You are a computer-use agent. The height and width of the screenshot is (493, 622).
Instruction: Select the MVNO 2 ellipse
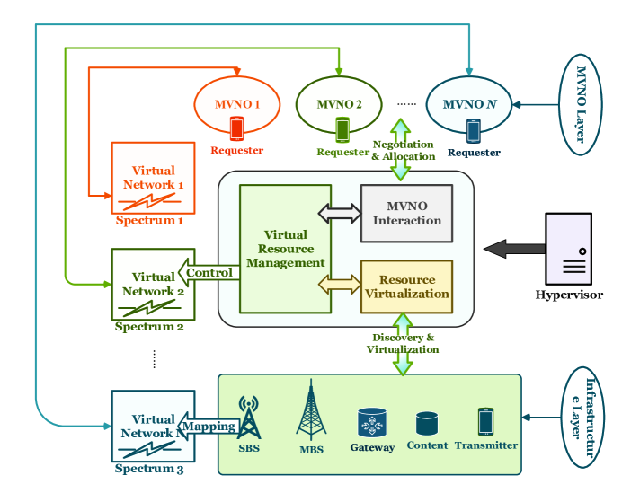click(339, 105)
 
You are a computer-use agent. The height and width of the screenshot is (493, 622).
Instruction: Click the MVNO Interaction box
click(406, 214)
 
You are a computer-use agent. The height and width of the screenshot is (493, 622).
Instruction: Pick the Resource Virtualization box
click(406, 286)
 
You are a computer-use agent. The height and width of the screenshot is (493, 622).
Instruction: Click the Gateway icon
click(372, 422)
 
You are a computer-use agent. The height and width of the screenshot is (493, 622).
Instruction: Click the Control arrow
click(209, 272)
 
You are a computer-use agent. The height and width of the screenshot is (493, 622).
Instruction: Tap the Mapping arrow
click(209, 427)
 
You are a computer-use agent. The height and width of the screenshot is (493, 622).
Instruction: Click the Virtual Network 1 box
click(152, 178)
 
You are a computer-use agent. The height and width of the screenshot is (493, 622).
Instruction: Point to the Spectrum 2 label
click(149, 327)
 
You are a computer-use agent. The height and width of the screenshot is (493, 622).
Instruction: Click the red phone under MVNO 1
click(236, 129)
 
